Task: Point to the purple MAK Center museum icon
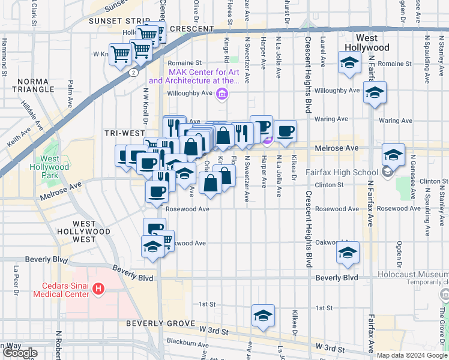pyautogui.click(x=223, y=93)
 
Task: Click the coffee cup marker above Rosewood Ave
pyautogui.click(x=157, y=191)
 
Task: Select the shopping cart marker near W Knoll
pyautogui.click(x=121, y=54)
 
